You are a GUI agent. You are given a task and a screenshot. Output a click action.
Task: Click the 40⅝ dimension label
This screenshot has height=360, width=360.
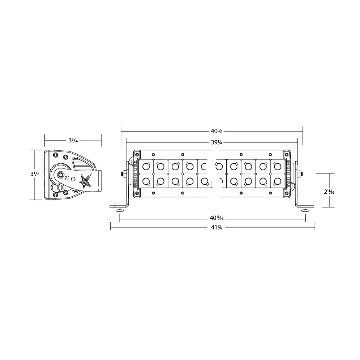pyautogui.click(x=217, y=131)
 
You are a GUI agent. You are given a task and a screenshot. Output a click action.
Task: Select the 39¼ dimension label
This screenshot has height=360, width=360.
pyautogui.click(x=217, y=142)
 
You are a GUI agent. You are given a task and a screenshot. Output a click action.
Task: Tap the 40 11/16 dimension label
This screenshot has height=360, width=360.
pyautogui.click(x=217, y=218)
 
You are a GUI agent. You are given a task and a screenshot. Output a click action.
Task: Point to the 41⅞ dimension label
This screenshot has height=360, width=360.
pyautogui.click(x=217, y=227)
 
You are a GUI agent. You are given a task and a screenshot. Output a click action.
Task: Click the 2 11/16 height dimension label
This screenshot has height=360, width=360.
pyautogui.click(x=329, y=192)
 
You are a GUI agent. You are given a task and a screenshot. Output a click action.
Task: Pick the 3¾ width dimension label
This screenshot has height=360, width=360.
pyautogui.click(x=73, y=140)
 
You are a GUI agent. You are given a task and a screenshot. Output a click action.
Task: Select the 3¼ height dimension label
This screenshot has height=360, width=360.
pyautogui.click(x=35, y=174)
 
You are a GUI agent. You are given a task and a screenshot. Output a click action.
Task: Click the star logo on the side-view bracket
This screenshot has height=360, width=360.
pyautogui.click(x=85, y=181)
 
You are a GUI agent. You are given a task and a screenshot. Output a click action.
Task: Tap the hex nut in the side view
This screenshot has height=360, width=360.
pyautogui.click(x=61, y=175)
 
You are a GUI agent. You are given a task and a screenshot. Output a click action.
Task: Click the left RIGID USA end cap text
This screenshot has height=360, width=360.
pyautogui.click(x=136, y=174)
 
